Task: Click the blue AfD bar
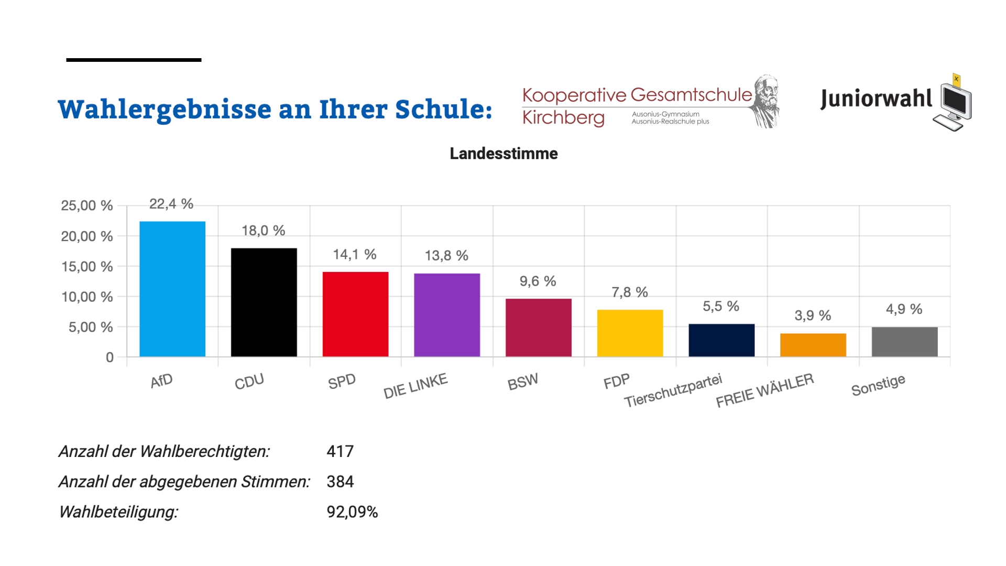[x=172, y=289]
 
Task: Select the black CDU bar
[x=264, y=302]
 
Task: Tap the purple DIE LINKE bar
[x=447, y=315]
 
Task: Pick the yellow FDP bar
[x=630, y=333]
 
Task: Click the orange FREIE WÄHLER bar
[x=813, y=345]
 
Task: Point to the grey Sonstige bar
[x=904, y=342]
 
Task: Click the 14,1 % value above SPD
[x=355, y=255]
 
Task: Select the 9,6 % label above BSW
[x=538, y=281]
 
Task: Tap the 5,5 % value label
[x=720, y=307]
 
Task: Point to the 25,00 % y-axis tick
[x=87, y=205]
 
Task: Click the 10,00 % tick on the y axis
[x=87, y=297]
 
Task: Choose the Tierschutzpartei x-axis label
[x=673, y=390]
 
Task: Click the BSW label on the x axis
[x=522, y=383]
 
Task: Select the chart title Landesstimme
[x=504, y=154]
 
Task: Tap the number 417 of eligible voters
[x=340, y=451]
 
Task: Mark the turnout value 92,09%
[x=352, y=512]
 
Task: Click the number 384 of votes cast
[x=340, y=482]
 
